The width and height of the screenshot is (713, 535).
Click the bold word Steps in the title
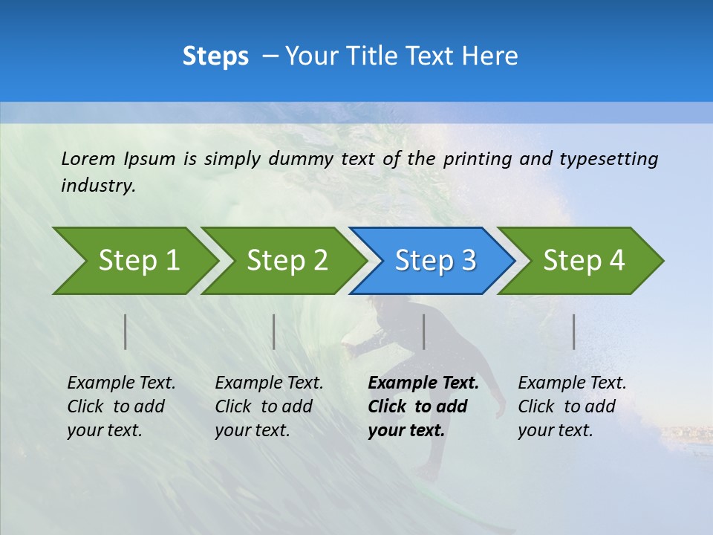pyautogui.click(x=215, y=56)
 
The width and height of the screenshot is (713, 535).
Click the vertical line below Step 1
pyautogui.click(x=126, y=331)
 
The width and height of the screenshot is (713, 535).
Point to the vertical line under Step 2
pyautogui.click(x=274, y=331)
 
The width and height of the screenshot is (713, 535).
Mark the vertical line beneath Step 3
pyautogui.click(x=424, y=331)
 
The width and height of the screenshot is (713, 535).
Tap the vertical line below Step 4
pyautogui.click(x=574, y=331)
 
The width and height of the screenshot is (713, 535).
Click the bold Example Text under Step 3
pyautogui.click(x=423, y=406)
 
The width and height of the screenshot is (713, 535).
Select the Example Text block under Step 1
pyautogui.click(x=121, y=406)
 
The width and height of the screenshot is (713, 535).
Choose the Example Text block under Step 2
pyautogui.click(x=269, y=406)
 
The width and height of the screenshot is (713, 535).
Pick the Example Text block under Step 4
pyautogui.click(x=572, y=406)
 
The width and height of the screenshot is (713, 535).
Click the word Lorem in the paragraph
pyautogui.click(x=88, y=159)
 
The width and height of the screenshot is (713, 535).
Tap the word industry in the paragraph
pyautogui.click(x=97, y=186)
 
